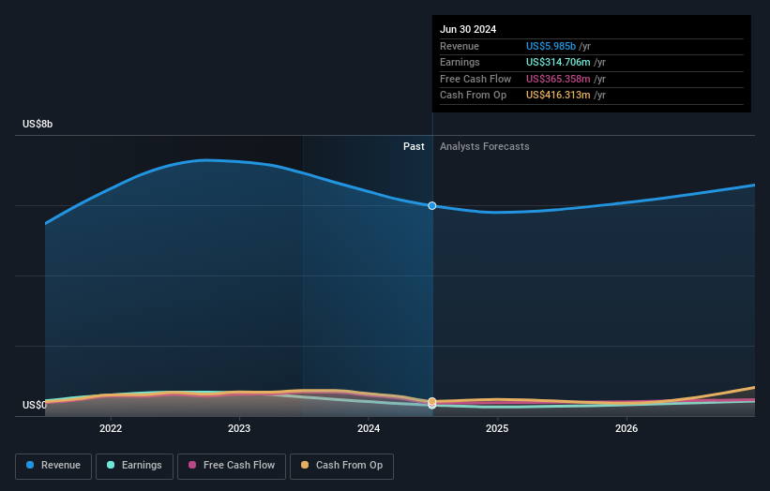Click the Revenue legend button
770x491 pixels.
pos(53,465)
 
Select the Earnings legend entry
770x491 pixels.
pos(133,465)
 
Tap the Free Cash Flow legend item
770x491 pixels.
pos(231,465)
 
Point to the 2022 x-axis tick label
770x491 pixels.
pos(111,428)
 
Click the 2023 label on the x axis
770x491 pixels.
pos(239,428)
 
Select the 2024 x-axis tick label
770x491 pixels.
pos(369,428)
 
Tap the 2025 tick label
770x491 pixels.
pos(497,428)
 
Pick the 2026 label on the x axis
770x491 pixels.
pos(627,428)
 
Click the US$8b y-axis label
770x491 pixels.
pos(38,124)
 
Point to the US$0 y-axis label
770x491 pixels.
pos(35,405)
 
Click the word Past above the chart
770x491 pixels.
pos(414,146)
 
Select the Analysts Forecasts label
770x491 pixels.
pos(484,146)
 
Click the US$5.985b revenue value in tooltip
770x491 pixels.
pos(551,46)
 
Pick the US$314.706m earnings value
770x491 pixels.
pos(557,63)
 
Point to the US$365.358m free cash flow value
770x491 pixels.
pos(557,79)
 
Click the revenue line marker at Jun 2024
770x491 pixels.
pos(432,205)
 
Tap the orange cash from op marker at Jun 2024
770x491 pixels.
pos(432,401)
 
